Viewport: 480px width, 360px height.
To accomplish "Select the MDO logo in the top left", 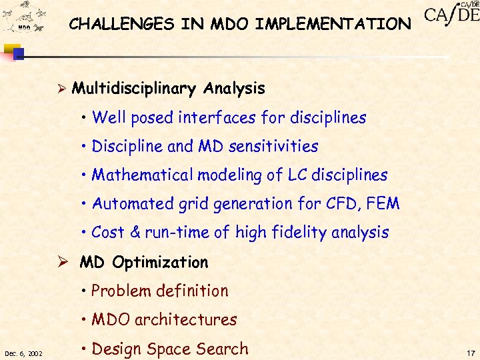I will point(23,20).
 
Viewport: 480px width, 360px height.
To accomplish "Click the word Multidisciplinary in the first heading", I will point(133,89).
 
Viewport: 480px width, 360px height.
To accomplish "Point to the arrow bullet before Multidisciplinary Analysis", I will point(62,89).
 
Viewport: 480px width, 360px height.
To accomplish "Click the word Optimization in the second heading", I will point(160,263).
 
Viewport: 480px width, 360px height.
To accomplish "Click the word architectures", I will point(185,320).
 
